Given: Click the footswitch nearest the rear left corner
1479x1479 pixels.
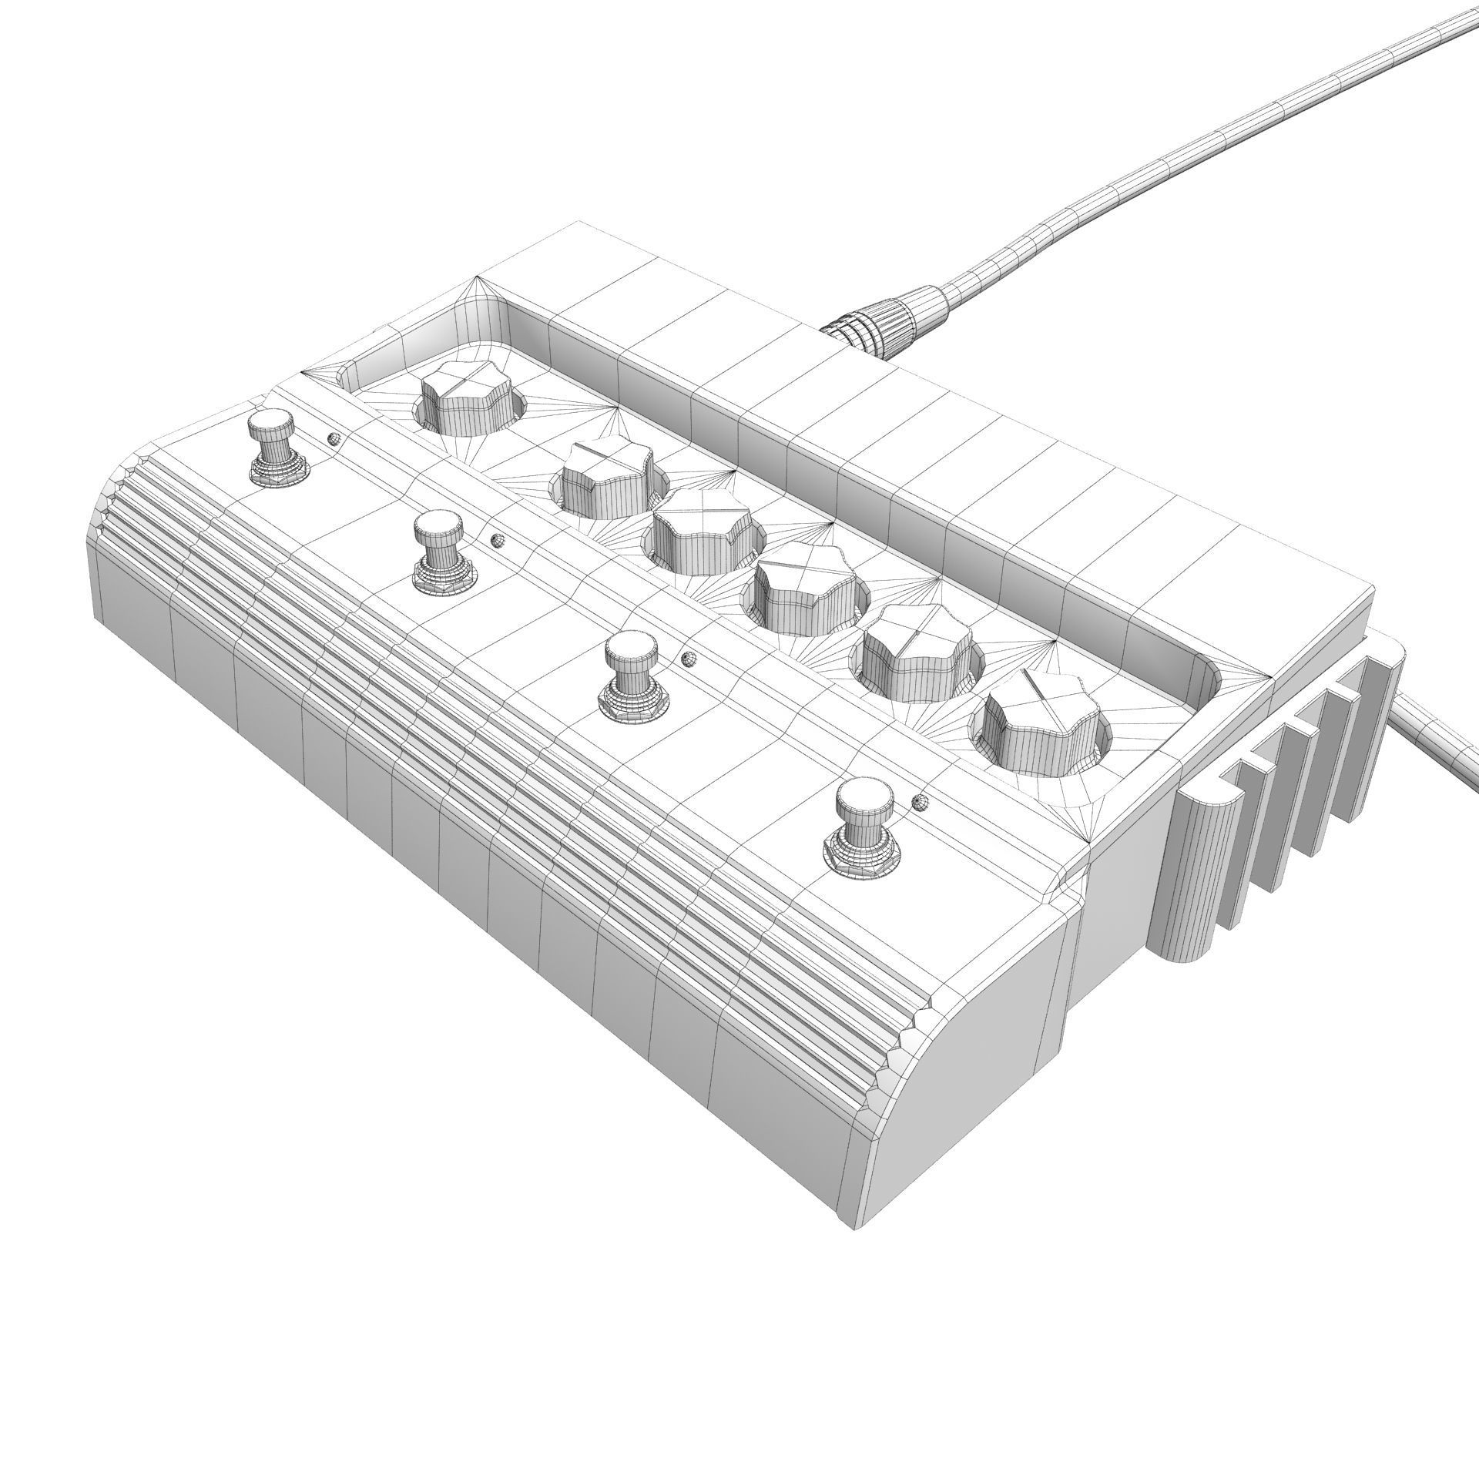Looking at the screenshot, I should click(275, 447).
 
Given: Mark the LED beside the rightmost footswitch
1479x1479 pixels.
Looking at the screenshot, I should click(919, 802).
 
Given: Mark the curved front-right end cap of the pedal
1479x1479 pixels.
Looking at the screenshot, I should click(971, 1063).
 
